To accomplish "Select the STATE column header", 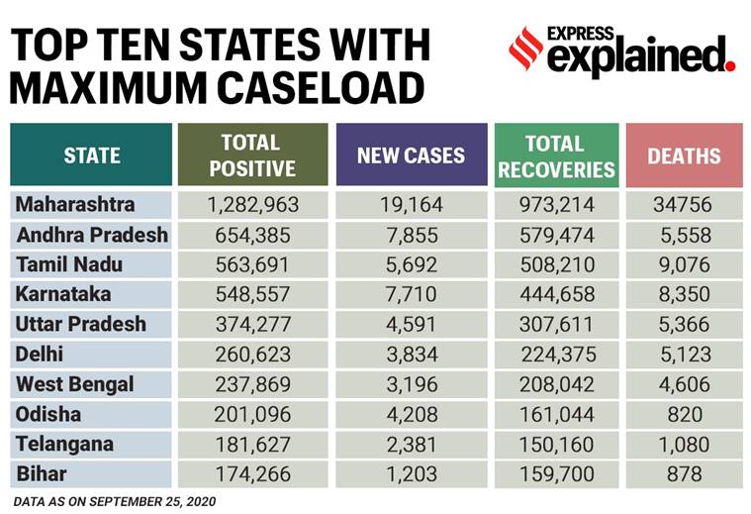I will tap(91, 155).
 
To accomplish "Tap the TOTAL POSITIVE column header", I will tap(252, 155).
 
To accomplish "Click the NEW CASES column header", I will tap(411, 155).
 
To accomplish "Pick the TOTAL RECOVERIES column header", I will tap(556, 155).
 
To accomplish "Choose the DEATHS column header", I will tap(684, 155).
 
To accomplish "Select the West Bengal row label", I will tap(75, 384).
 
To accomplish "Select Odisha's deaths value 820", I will tap(684, 414).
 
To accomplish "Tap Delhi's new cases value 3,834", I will tap(411, 355).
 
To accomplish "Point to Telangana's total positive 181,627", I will tap(252, 444).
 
